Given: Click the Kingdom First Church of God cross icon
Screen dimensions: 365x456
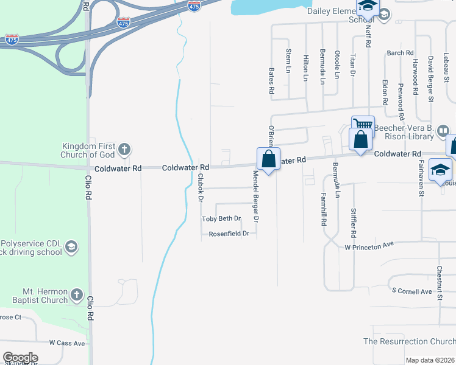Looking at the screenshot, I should [x=124, y=149].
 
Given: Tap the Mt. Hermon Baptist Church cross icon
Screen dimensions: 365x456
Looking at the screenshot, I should [x=76, y=295].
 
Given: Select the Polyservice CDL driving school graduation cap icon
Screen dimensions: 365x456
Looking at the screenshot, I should [x=71, y=246].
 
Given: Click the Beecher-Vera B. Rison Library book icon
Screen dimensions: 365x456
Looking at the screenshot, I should [x=443, y=130].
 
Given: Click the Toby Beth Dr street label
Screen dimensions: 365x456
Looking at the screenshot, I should [x=222, y=219].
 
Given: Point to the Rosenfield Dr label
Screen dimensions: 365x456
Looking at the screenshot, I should [x=229, y=234].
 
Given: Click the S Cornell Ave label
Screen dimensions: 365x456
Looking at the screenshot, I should [x=412, y=291].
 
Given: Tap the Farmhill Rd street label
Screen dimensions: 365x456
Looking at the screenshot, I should [x=324, y=210].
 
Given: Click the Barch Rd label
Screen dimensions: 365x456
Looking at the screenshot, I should [x=401, y=54].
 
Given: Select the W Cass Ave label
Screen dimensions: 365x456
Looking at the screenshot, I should [x=67, y=343].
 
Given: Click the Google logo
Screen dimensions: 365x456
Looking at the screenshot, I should [x=20, y=358].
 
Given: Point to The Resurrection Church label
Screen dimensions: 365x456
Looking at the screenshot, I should [x=409, y=342].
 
